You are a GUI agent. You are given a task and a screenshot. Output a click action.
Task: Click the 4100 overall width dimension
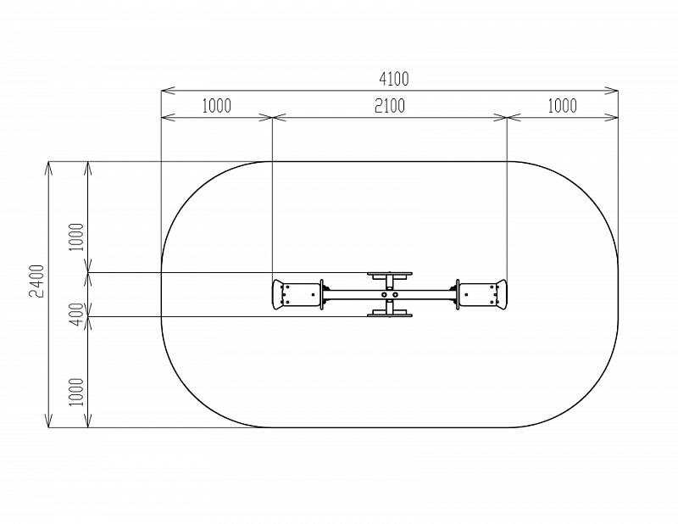[394, 79]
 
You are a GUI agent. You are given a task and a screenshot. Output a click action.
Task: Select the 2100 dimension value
[390, 106]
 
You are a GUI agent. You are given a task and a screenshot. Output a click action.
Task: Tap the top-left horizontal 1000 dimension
[217, 106]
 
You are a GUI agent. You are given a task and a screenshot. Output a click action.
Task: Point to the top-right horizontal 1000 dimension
[562, 106]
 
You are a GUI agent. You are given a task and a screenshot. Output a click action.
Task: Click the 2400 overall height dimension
[36, 281]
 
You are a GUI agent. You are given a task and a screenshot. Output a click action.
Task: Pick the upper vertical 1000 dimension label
[76, 237]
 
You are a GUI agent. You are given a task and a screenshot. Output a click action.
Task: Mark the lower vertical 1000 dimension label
[76, 392]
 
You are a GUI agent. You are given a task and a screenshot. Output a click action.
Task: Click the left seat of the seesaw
[297, 295]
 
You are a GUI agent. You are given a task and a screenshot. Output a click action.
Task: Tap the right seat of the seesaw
[482, 295]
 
